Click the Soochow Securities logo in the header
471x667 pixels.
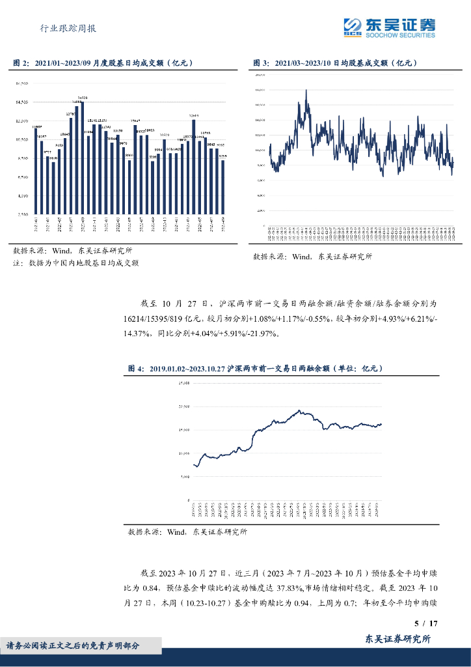tap(389, 27)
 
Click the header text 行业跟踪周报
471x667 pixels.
tap(68, 28)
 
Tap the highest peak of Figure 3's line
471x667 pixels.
tap(306, 91)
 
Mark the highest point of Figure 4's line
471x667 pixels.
tap(299, 410)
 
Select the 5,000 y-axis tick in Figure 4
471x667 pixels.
tap(184, 477)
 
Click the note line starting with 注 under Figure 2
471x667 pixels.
tap(76, 263)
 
